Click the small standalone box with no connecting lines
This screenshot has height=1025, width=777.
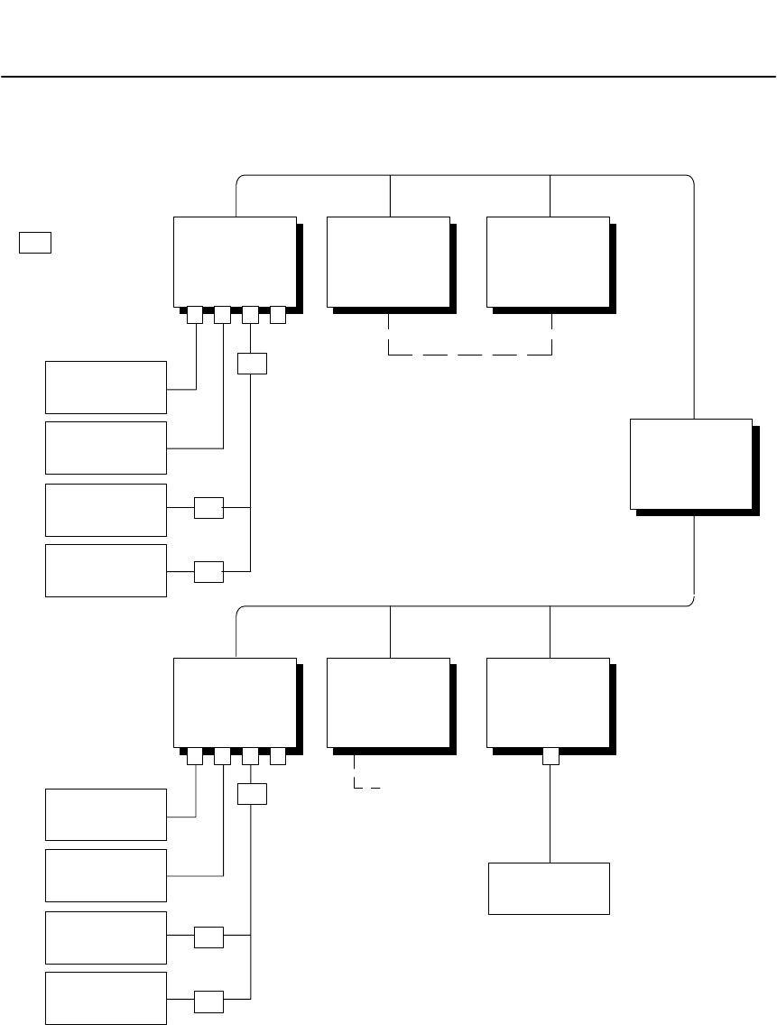(x=35, y=242)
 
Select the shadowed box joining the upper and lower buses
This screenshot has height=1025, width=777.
(x=690, y=464)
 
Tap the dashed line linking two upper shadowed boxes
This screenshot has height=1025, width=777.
(x=469, y=355)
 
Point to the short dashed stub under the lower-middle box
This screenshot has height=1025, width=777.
(x=361, y=785)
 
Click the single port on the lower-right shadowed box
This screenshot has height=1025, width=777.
(x=550, y=756)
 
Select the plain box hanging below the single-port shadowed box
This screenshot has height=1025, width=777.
(x=549, y=889)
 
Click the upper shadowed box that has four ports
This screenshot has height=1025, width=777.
(x=235, y=262)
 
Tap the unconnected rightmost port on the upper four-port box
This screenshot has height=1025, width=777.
(x=278, y=316)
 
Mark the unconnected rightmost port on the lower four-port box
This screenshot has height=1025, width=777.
(x=278, y=757)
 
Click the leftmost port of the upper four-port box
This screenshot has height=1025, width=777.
(x=194, y=316)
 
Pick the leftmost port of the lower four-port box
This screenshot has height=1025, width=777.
(x=194, y=757)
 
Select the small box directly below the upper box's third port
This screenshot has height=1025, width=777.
(x=251, y=364)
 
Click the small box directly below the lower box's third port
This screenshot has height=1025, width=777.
(x=251, y=795)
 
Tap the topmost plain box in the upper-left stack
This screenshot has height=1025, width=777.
(x=106, y=387)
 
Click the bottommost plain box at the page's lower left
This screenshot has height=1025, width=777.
(x=106, y=998)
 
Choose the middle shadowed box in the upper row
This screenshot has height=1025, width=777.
(x=388, y=262)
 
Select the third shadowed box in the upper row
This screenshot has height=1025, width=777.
(x=548, y=262)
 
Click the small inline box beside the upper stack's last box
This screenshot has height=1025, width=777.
(x=208, y=572)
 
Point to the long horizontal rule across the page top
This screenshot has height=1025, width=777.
(x=388, y=77)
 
